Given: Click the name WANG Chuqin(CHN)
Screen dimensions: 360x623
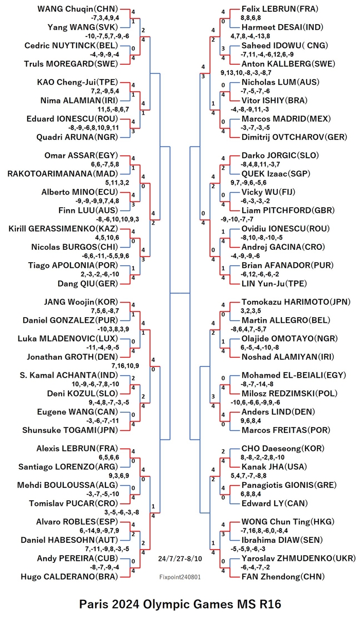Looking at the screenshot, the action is click(78, 9).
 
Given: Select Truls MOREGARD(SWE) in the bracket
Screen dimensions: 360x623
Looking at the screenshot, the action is click(71, 64).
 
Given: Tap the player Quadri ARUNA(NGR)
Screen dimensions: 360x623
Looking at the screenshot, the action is click(77, 137).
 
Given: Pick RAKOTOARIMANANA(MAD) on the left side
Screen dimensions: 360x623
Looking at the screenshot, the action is click(63, 174).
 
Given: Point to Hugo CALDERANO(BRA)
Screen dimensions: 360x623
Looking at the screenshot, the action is click(69, 577).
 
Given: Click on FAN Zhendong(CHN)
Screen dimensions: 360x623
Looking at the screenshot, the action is click(283, 577).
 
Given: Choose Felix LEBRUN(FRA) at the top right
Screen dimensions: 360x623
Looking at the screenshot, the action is click(280, 9).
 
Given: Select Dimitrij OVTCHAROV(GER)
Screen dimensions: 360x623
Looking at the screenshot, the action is click(294, 137).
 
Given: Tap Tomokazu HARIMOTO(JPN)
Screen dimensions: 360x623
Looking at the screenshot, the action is click(296, 302).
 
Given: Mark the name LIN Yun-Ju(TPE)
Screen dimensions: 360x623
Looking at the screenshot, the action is click(274, 283).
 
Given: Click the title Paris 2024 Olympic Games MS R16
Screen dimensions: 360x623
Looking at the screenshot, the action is click(180, 604).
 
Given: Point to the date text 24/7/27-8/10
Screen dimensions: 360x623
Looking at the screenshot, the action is click(180, 559).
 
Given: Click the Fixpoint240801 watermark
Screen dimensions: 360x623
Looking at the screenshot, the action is click(180, 577).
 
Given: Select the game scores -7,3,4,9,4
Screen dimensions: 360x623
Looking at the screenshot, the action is click(105, 18).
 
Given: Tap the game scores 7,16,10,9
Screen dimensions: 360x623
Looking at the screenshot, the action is click(125, 366).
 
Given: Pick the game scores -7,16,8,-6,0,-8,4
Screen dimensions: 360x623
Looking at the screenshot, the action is click(264, 530).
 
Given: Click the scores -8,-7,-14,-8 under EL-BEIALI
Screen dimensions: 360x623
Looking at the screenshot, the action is click(257, 384).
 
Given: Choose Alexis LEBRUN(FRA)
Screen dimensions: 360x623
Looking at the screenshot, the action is click(77, 448).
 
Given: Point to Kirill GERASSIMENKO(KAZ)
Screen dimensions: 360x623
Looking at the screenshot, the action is click(63, 229).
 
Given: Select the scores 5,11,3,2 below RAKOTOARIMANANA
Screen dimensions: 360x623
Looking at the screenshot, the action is click(117, 182).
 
